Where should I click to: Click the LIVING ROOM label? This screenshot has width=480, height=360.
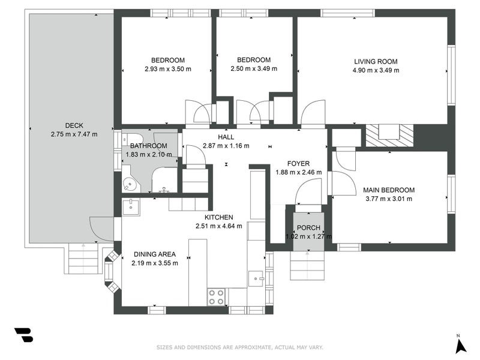coord(376,62)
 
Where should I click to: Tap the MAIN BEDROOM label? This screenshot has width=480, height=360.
coord(389,190)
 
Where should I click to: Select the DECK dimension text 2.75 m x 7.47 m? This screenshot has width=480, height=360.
coord(74,134)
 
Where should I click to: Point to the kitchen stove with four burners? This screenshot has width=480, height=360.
coord(217,297)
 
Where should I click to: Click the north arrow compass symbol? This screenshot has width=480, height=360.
coord(460,345)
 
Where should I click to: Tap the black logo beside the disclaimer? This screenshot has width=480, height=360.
coord(24,335)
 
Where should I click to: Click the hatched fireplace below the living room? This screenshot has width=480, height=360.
coord(389,136)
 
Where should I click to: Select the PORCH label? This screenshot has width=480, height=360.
coord(308,228)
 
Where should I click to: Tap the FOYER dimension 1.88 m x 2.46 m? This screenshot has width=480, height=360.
coord(298,172)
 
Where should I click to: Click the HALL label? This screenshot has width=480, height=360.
coord(226,137)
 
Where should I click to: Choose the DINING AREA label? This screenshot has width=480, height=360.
coord(155,254)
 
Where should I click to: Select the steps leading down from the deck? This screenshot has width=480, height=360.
coord(83,258)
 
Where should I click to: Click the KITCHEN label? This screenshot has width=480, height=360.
coord(218,217)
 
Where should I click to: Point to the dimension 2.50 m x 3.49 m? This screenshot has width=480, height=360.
coord(254,68)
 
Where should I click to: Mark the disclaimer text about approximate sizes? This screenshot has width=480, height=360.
coord(239,347)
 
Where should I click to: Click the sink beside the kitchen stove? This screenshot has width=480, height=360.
coord(256,278)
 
